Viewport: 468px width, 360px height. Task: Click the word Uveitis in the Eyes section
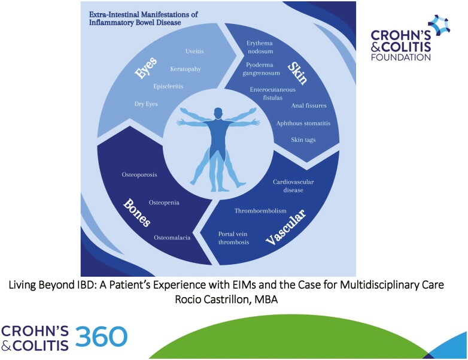click(x=195, y=51)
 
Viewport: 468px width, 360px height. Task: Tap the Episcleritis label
click(x=168, y=86)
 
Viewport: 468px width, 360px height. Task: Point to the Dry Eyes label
click(x=147, y=104)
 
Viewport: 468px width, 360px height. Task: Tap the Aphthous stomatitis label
click(x=303, y=123)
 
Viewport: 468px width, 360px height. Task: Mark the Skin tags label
click(x=303, y=140)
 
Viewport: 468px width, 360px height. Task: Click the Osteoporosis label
click(x=139, y=175)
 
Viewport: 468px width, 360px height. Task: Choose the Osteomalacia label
click(x=172, y=238)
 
